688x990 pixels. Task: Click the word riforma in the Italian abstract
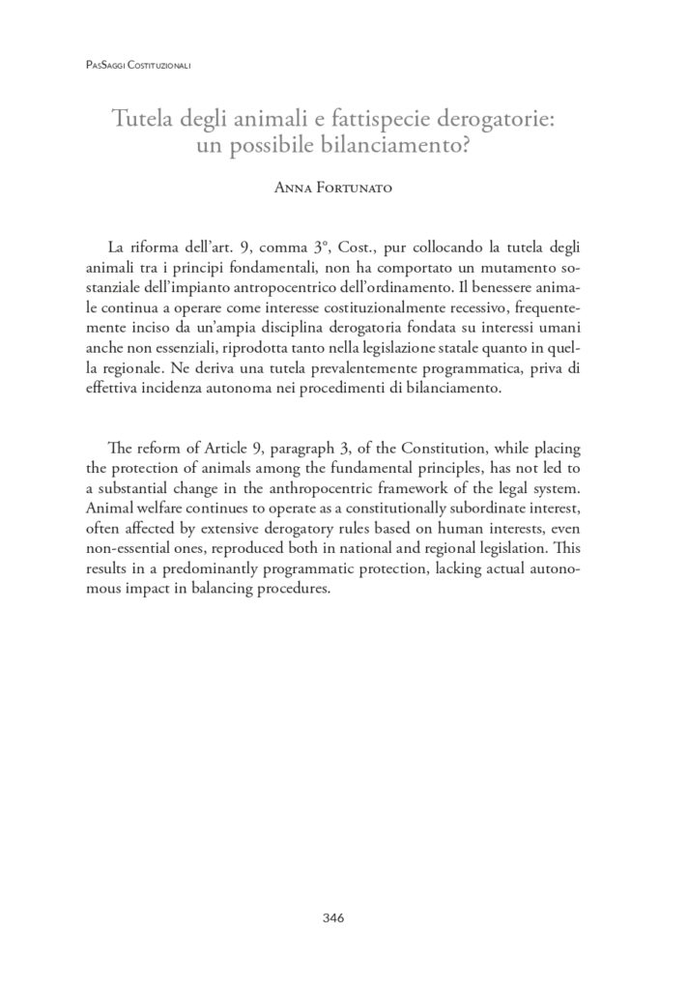click(159, 251)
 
